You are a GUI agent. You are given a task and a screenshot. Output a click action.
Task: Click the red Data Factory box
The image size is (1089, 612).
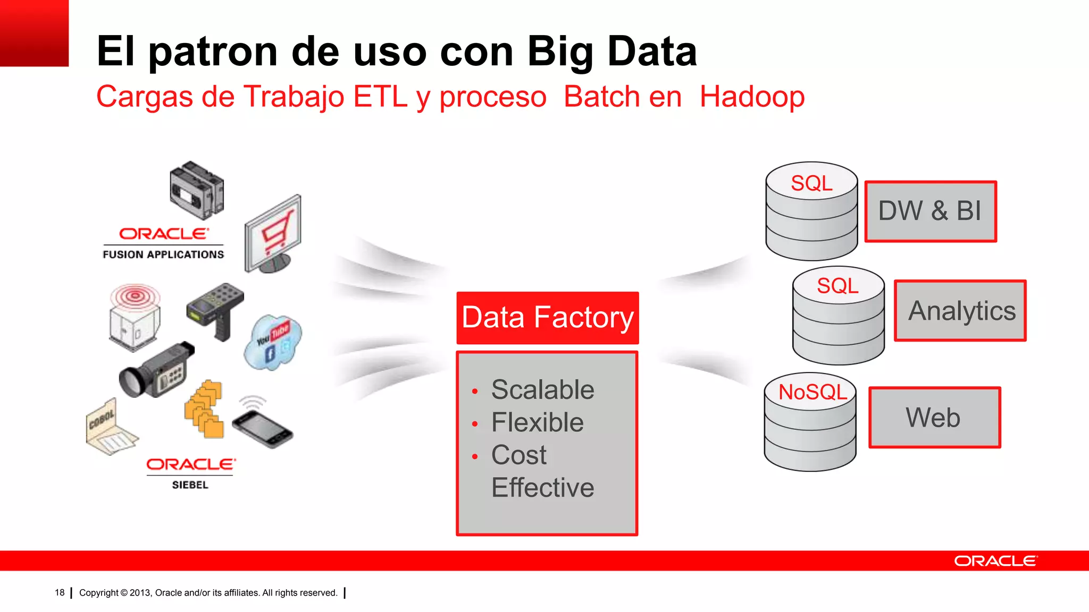(547, 318)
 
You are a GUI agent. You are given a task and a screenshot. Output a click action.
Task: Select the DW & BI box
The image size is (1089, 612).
(930, 211)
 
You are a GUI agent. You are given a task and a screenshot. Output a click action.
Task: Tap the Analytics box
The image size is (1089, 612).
(960, 311)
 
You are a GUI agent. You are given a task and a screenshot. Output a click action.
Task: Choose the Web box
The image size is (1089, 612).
(934, 418)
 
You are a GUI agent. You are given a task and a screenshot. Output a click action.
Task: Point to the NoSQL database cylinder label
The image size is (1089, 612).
(812, 392)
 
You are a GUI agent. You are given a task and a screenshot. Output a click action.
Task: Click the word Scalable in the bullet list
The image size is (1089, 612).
(542, 389)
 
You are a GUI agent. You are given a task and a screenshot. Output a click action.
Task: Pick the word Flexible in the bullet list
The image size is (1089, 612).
(537, 422)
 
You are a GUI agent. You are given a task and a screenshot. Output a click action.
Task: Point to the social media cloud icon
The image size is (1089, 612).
(273, 342)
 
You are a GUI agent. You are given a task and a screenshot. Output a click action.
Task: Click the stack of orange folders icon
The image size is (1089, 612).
(204, 409)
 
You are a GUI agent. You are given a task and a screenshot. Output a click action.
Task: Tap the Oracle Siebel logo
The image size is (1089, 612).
(190, 472)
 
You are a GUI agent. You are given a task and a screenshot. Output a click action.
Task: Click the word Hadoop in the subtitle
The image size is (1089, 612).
(751, 97)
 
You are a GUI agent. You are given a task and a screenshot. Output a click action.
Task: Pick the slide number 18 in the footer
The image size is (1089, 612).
(60, 592)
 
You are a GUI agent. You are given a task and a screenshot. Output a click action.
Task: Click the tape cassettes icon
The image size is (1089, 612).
(197, 190)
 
